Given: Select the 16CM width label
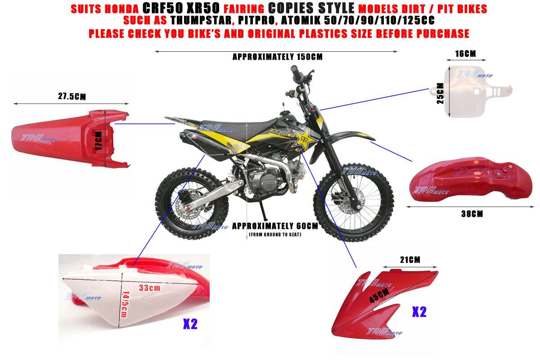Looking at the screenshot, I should (x=465, y=54).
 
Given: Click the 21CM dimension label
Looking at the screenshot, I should (x=410, y=260).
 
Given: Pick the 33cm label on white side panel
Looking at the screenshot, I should (x=150, y=288).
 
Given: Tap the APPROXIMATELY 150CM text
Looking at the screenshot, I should (x=277, y=57).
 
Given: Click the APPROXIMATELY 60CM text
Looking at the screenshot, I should (x=275, y=226).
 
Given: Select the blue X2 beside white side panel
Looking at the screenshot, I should (x=190, y=324).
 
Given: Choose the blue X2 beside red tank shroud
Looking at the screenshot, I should (x=419, y=312).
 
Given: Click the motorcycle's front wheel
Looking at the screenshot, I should (x=350, y=207).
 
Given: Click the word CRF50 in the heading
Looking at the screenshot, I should (x=164, y=9).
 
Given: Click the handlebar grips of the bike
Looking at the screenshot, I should (x=295, y=71).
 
